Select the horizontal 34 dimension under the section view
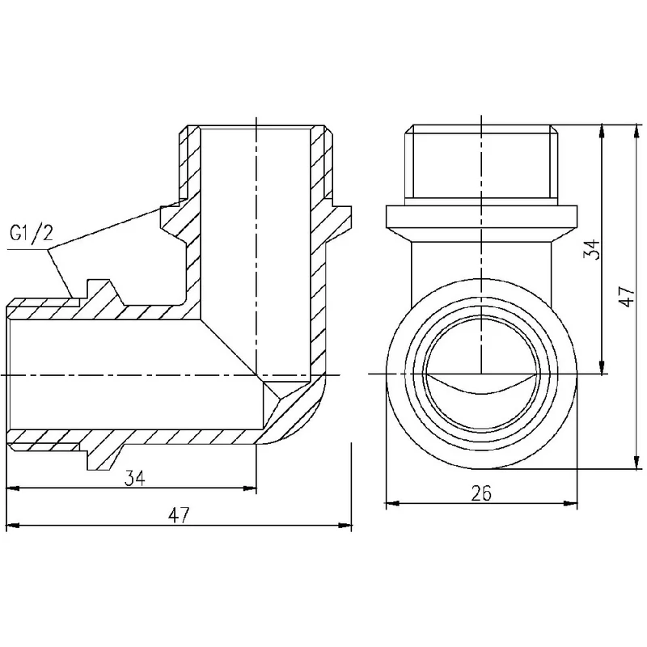point(134,478)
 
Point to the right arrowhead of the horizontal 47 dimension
point(348,526)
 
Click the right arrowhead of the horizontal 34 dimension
point(252,488)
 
